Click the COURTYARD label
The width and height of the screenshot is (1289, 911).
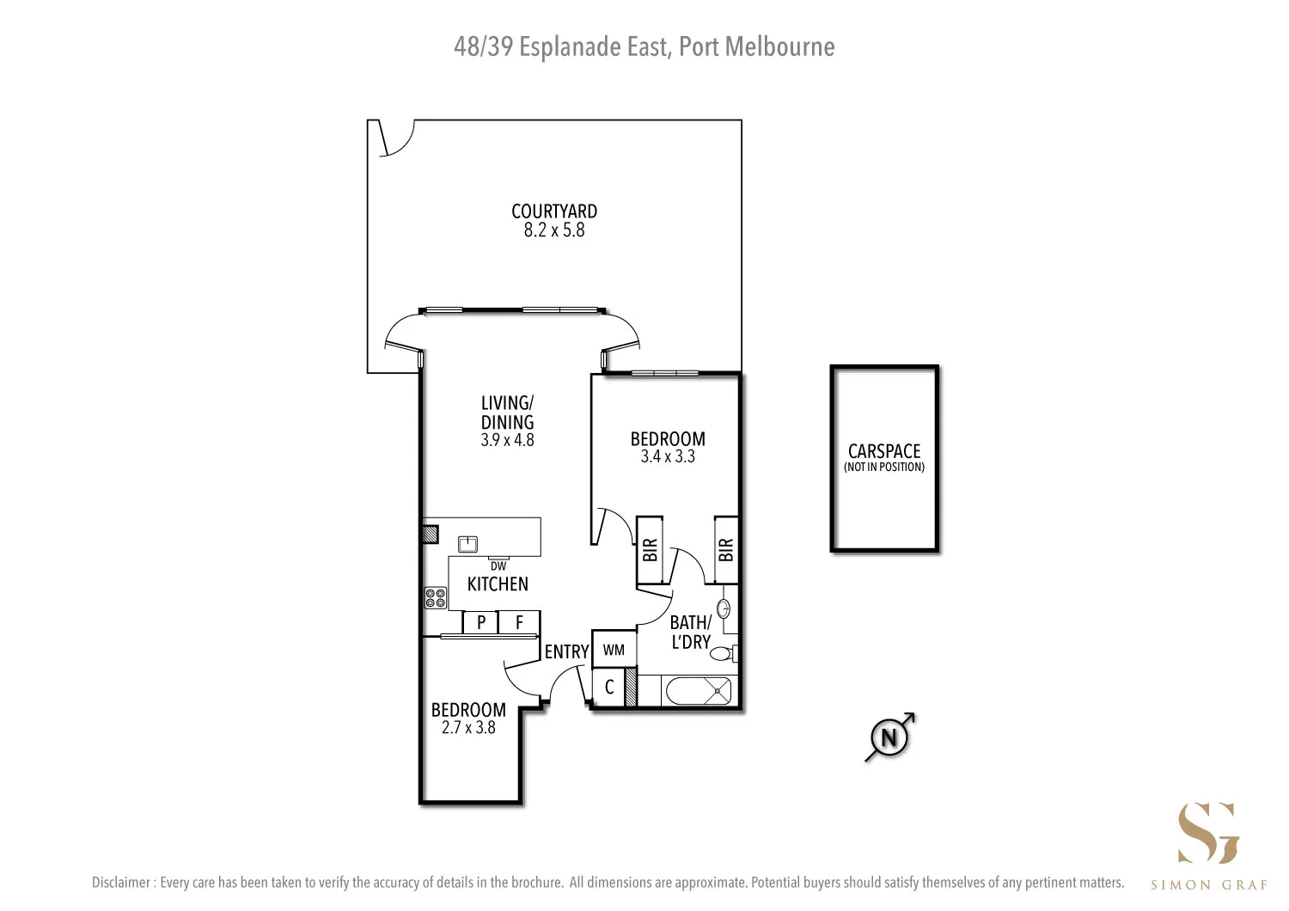553,211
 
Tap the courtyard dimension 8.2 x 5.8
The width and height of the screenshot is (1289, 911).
553,230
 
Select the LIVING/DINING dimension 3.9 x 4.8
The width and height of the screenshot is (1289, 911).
507,440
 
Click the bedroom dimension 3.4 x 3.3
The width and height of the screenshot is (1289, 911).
668,457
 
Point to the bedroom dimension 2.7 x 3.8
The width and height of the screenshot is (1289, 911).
468,728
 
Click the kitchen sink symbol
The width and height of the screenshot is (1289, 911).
467,544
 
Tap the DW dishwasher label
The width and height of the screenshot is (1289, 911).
498,566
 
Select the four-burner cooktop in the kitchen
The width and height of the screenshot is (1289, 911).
435,597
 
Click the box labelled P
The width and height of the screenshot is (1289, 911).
481,622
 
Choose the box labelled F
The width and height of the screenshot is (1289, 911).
519,622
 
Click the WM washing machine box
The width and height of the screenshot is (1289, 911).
614,650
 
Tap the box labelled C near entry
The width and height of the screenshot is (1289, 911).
609,688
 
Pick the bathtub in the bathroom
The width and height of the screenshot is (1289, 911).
696,690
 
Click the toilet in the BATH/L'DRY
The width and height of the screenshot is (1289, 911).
722,653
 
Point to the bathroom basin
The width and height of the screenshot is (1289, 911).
724,609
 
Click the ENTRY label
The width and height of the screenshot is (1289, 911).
566,652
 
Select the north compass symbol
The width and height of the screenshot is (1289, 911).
889,737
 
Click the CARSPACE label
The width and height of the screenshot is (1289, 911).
883,451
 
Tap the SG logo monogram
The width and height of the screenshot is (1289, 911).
1208,833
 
